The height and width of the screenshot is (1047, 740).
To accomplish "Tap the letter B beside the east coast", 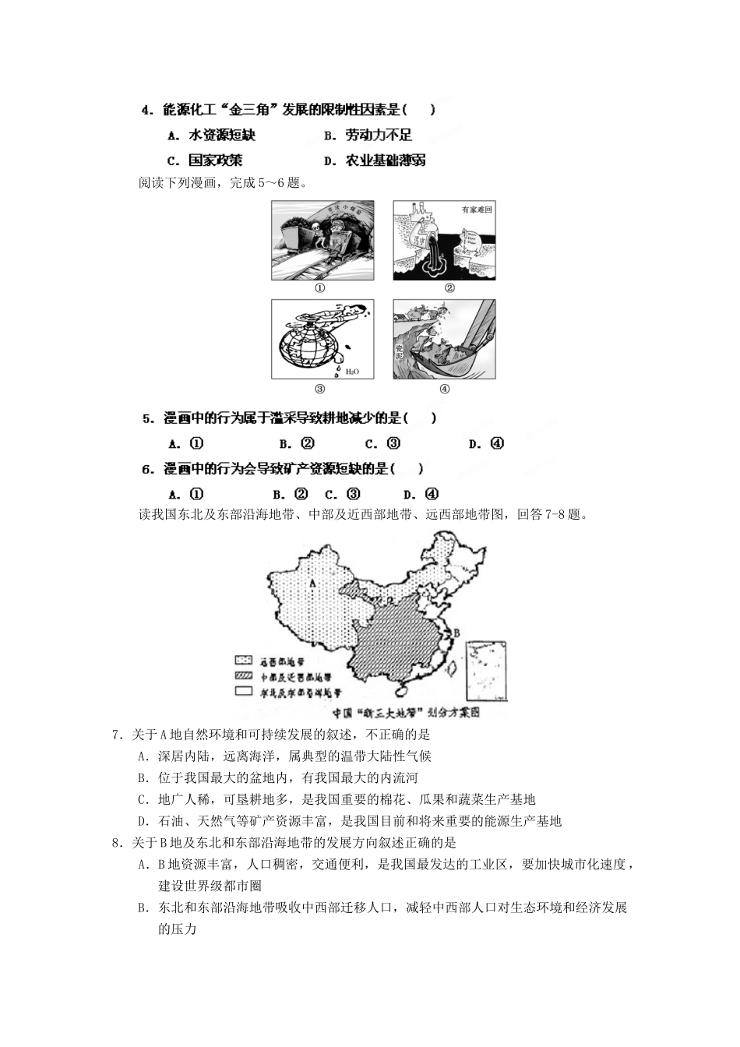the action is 457,632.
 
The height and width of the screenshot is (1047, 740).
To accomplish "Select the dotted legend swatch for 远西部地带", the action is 244,660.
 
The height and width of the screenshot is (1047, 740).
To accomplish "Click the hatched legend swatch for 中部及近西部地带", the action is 244,675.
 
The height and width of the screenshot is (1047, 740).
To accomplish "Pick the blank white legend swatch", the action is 244,691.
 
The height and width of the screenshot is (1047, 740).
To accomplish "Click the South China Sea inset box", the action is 488,671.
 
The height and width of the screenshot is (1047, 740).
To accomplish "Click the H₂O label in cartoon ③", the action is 353,372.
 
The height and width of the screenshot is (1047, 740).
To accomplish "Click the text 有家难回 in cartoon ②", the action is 477,210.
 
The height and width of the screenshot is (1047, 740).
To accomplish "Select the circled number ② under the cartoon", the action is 449,288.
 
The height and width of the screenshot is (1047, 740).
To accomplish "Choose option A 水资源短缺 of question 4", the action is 212,136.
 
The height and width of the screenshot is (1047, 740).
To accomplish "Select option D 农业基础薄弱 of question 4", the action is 375,161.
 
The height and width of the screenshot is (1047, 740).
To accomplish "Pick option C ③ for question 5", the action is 383,444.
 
